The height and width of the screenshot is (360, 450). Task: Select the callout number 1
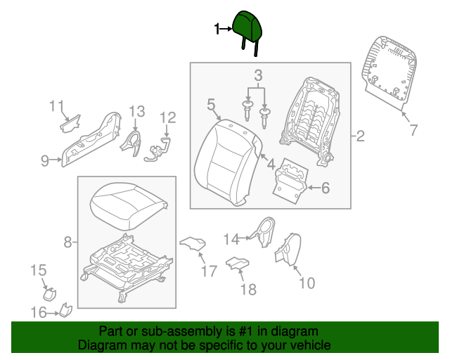click(217, 29)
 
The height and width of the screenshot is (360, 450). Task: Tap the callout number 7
click(413, 129)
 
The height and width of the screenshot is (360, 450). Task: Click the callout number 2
click(360, 136)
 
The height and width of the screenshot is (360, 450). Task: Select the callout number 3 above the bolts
click(258, 75)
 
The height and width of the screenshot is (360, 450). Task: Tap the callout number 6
click(325, 188)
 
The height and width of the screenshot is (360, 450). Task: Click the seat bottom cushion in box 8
click(128, 203)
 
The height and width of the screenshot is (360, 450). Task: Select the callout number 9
click(45, 161)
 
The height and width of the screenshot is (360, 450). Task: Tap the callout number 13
click(136, 111)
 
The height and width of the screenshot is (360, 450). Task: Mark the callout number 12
click(167, 117)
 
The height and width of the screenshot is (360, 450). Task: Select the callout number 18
click(249, 289)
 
